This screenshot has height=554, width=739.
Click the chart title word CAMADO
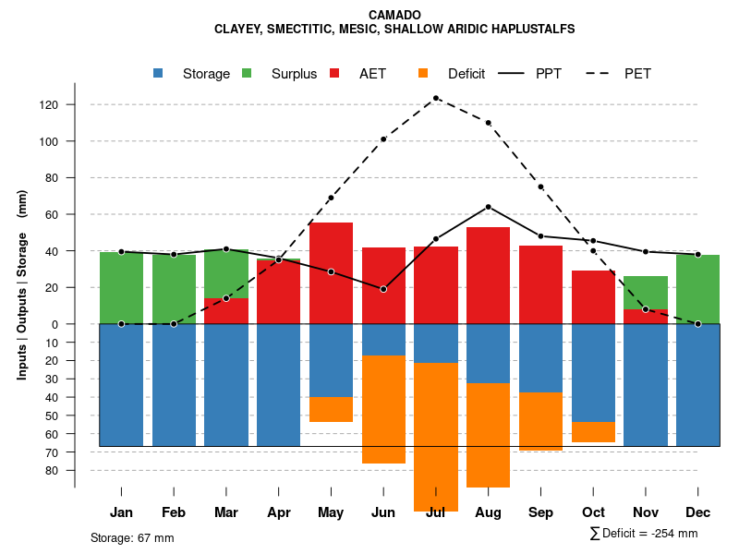click(x=394, y=15)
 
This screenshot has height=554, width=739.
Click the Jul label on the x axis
click(x=436, y=512)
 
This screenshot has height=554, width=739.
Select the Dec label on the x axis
click(x=698, y=512)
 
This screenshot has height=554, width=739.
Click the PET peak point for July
click(x=436, y=98)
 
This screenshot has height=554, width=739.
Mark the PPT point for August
click(x=488, y=207)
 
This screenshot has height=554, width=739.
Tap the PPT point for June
click(x=383, y=289)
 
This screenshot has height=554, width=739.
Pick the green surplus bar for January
click(x=121, y=287)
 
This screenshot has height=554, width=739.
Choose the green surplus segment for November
click(x=646, y=293)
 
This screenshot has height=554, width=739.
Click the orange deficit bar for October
click(x=593, y=432)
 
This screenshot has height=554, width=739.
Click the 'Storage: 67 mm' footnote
click(x=132, y=537)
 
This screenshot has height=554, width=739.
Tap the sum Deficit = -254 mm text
click(x=644, y=534)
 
